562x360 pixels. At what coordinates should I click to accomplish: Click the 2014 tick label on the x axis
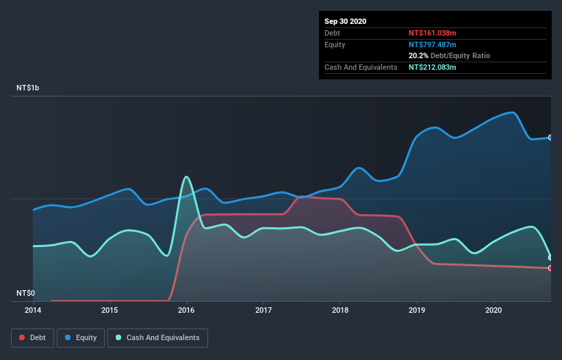(33, 310)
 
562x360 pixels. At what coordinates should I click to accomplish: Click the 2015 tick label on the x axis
(110, 310)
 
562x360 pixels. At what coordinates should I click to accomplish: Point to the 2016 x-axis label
(186, 310)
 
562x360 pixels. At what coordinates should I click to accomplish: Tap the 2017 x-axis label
(263, 310)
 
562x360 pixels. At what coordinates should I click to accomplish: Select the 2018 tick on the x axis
(340, 310)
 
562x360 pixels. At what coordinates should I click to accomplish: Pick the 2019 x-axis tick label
(416, 310)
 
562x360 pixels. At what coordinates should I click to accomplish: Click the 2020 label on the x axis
(493, 310)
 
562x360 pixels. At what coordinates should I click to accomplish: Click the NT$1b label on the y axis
(28, 88)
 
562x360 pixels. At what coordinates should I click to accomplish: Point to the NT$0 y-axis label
(25, 293)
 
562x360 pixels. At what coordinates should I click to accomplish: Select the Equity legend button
(81, 337)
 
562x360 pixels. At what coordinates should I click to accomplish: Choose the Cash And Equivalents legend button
(157, 337)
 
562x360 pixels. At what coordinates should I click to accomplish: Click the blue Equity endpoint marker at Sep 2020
(550, 138)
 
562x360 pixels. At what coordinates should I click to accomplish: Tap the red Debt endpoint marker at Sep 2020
(550, 268)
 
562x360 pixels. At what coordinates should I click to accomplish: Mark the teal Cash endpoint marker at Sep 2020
(550, 257)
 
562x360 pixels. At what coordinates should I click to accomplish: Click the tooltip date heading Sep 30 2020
(346, 21)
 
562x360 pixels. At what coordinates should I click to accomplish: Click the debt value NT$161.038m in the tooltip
(432, 33)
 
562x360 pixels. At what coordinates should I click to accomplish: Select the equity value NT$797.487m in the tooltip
(432, 44)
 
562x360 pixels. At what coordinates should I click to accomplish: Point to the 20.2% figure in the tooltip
(419, 55)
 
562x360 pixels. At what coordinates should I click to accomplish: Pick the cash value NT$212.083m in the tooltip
(432, 67)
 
